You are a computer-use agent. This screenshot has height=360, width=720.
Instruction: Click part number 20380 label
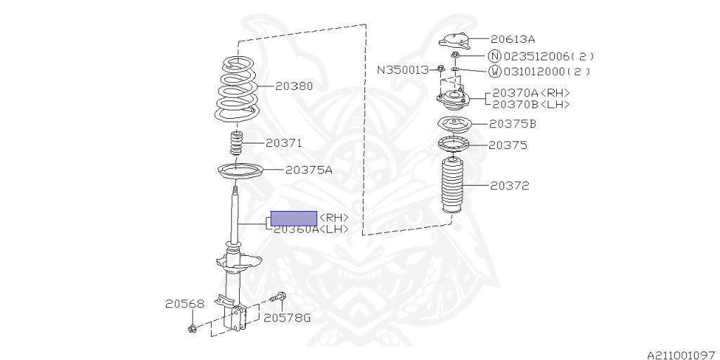click(294, 86)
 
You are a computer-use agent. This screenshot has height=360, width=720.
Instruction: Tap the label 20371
click(283, 143)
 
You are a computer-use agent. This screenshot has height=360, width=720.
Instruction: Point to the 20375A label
click(309, 169)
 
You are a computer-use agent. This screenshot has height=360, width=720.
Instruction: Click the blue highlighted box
click(294, 218)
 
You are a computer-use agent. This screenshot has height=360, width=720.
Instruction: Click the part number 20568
click(185, 304)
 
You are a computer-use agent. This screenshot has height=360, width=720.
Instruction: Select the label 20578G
click(287, 318)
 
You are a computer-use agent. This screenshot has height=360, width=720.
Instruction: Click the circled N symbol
click(494, 56)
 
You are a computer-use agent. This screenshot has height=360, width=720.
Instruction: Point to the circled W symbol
click(494, 71)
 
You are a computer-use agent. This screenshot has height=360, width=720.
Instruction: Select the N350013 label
click(403, 70)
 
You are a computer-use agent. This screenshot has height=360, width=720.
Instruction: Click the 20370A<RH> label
click(531, 93)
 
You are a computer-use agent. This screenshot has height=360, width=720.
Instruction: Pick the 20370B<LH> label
click(531, 104)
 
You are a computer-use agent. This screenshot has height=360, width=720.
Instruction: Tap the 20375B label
click(513, 124)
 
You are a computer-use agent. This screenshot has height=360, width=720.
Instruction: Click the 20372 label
click(509, 186)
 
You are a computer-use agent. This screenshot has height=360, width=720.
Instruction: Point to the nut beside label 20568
click(192, 328)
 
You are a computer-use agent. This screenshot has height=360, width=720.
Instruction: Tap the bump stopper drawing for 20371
click(237, 146)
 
